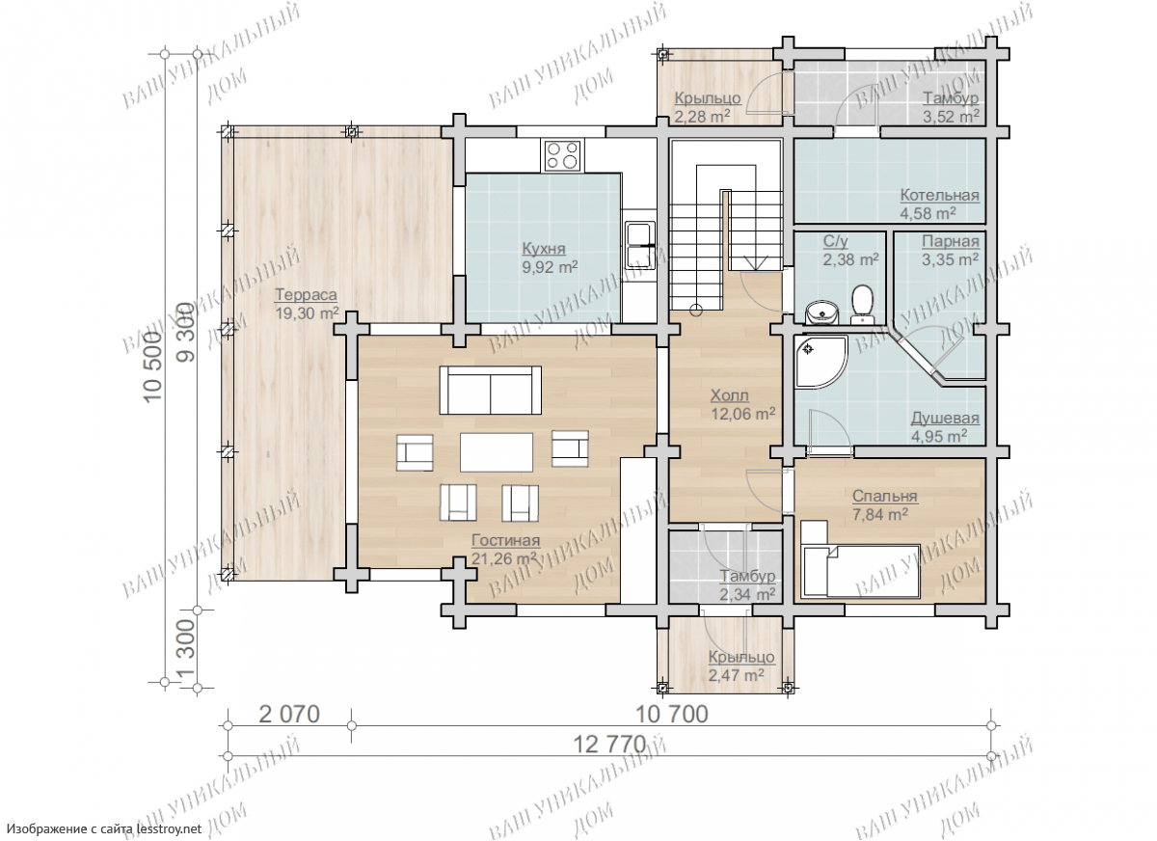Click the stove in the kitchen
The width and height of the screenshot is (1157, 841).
click(563, 155)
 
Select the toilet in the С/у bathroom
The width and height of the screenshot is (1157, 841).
click(862, 304)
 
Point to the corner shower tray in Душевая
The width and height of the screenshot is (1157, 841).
click(821, 362)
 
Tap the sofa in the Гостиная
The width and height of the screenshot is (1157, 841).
click(490, 390)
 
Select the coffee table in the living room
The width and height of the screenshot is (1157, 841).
click(497, 452)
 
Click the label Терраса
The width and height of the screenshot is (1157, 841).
click(306, 294)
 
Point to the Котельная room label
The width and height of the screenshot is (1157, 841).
click(939, 195)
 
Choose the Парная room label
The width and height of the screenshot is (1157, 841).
click(951, 241)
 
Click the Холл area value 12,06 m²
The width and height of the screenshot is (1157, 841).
click(742, 414)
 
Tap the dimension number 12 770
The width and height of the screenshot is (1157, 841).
click(609, 745)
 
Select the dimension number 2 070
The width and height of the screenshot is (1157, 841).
click(289, 715)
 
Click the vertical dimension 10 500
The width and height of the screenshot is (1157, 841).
click(153, 366)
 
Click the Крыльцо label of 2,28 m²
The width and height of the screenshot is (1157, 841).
click(708, 98)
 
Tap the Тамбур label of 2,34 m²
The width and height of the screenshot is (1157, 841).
click(747, 576)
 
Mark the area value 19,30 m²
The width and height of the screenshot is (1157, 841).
click(307, 313)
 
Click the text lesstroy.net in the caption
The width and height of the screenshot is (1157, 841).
click(170, 828)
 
